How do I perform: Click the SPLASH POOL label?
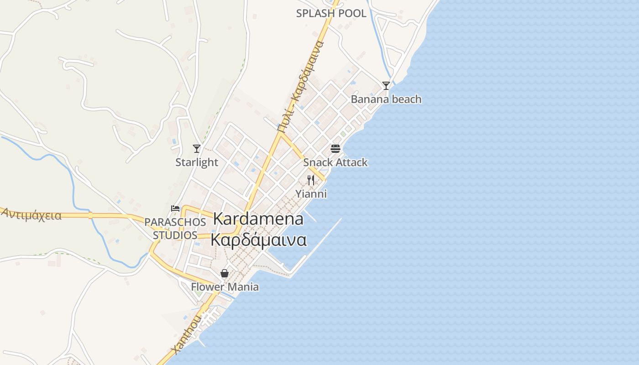331,14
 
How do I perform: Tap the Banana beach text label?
386,99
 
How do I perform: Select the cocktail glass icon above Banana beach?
386,85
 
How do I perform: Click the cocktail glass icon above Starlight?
197,148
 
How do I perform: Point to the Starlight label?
197,162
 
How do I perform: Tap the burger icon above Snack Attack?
335,148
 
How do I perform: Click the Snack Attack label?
335,162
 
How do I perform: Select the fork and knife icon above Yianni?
311,180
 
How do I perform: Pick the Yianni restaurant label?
311,194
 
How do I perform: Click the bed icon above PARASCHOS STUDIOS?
175,209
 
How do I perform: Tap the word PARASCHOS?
175,222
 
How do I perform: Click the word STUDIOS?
175,235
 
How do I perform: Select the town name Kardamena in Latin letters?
258,219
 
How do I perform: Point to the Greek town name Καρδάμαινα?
258,240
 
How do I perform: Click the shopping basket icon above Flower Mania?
225,273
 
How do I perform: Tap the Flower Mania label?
225,287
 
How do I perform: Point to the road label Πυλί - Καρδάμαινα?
301,87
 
